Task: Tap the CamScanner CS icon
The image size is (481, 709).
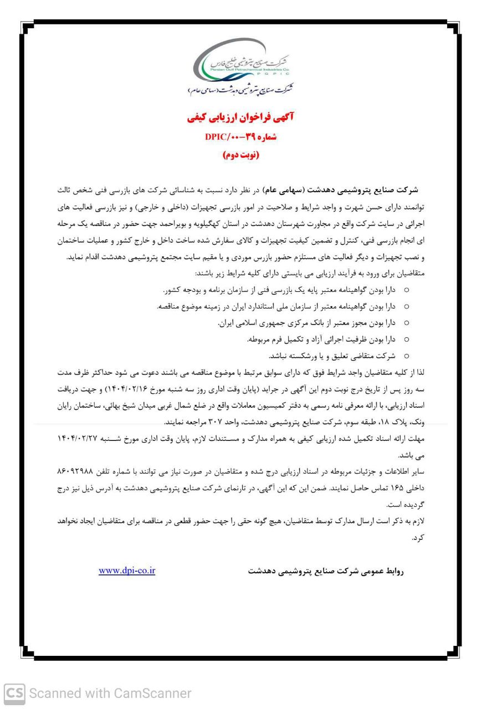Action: point(14,693)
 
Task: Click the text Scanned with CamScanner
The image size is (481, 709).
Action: point(110,693)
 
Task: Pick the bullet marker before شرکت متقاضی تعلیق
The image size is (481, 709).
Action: point(407,356)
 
